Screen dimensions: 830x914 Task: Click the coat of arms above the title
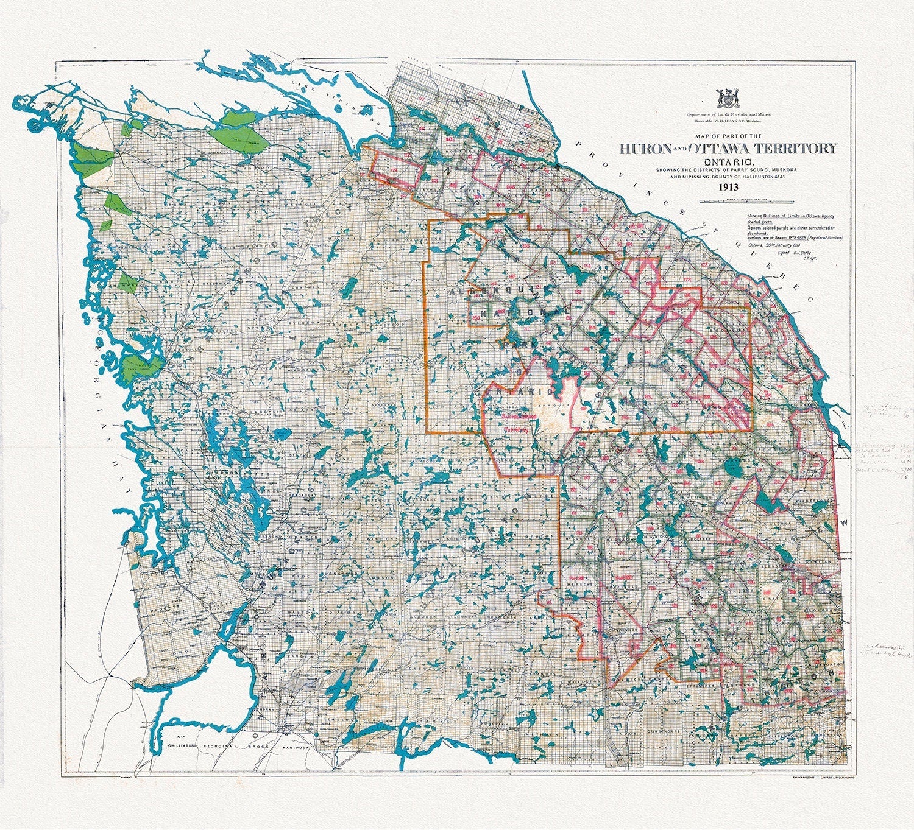tap(727, 99)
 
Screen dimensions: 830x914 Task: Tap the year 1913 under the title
tap(728, 187)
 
